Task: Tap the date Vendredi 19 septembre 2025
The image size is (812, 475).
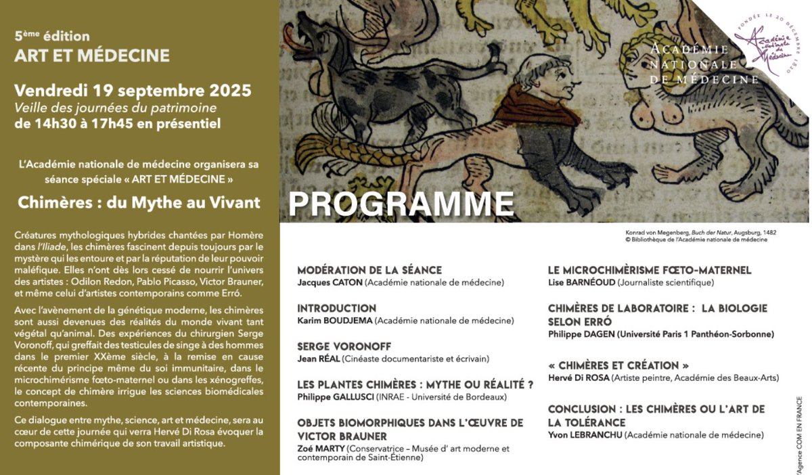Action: tap(133, 90)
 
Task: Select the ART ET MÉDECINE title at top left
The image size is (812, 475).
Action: tap(92, 55)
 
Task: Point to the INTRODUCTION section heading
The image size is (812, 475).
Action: tap(337, 308)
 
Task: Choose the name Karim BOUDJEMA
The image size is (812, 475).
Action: tap(336, 320)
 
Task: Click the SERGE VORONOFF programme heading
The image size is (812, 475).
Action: tap(344, 346)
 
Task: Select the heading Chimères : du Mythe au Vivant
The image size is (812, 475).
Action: tap(139, 202)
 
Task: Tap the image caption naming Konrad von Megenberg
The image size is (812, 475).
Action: tap(698, 231)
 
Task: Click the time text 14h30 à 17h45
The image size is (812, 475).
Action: tap(80, 124)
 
